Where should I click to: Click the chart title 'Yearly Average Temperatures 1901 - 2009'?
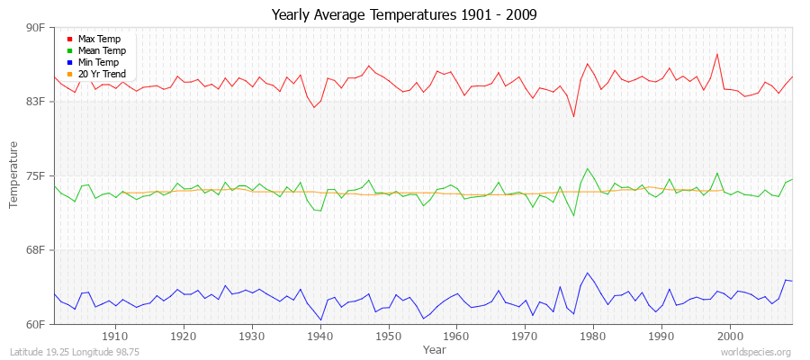405,15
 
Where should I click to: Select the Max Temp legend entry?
98,39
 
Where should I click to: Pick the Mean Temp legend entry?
101,50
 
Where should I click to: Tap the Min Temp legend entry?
98,62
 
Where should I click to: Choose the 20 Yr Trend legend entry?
102,74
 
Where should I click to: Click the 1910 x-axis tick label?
115,336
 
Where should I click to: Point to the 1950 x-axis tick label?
388,336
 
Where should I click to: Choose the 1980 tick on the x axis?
593,336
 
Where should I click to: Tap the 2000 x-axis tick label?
730,336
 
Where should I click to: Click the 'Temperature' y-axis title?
13,175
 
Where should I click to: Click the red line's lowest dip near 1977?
573,116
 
